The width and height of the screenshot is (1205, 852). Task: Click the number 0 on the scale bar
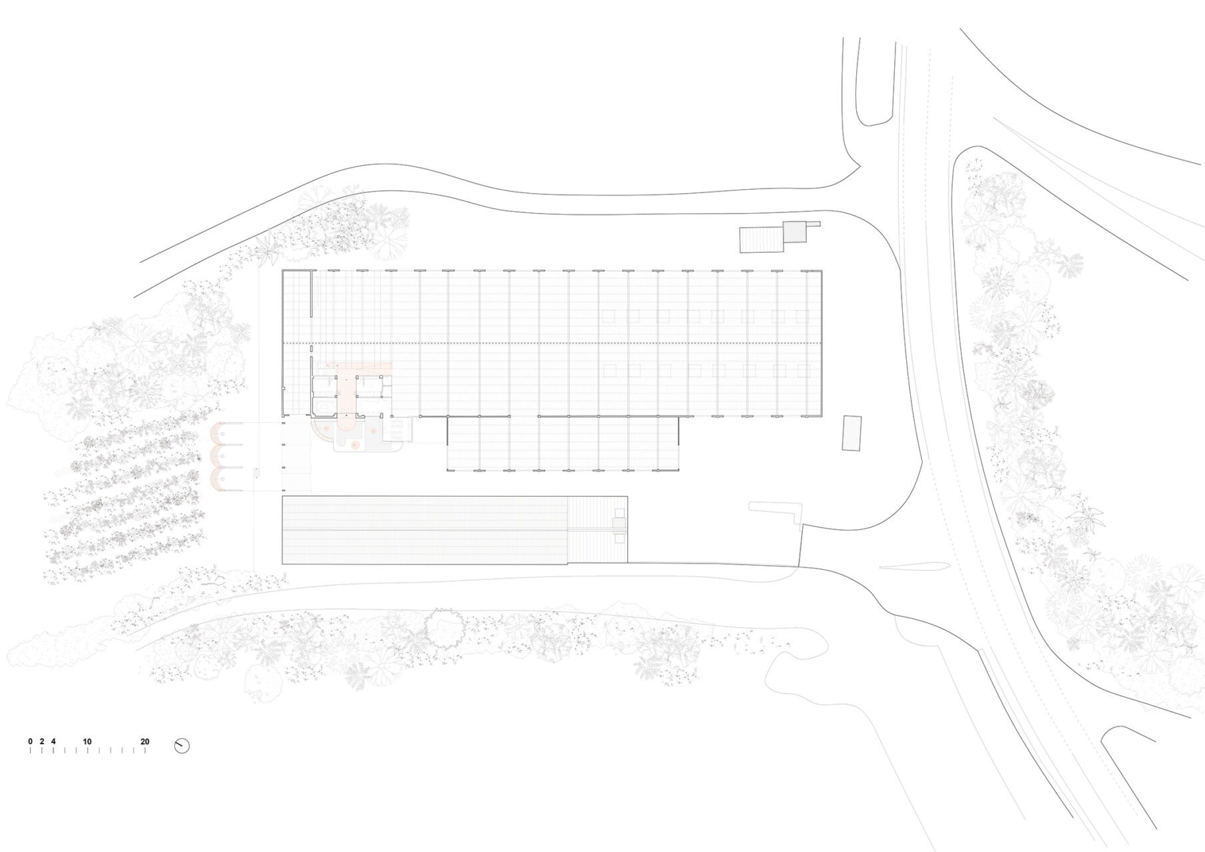[x=30, y=742]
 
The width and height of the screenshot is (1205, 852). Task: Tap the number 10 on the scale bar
[x=87, y=742]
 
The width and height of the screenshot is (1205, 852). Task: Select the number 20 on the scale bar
[x=145, y=742]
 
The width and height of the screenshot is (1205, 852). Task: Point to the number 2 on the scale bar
[x=41, y=742]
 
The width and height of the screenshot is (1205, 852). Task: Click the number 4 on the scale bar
[x=53, y=742]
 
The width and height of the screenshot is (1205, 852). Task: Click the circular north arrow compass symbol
[x=182, y=746]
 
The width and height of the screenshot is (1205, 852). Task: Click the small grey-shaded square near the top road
[x=794, y=232]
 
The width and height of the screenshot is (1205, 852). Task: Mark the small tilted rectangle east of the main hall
[x=851, y=433]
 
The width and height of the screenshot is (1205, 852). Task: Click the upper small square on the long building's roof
[x=620, y=513]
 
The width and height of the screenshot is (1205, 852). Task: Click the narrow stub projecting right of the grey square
[x=814, y=224]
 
